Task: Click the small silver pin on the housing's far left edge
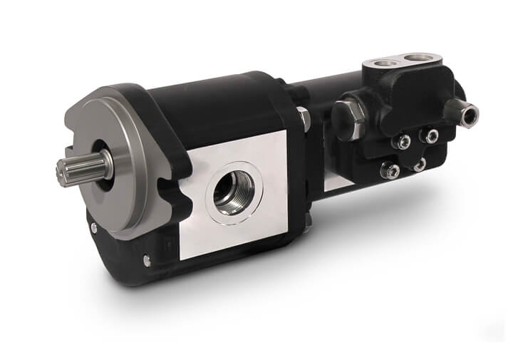pyautogui.click(x=93, y=228)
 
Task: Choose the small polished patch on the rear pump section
pyautogui.click(x=336, y=182)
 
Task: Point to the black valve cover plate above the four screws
pyautogui.click(x=420, y=100)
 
